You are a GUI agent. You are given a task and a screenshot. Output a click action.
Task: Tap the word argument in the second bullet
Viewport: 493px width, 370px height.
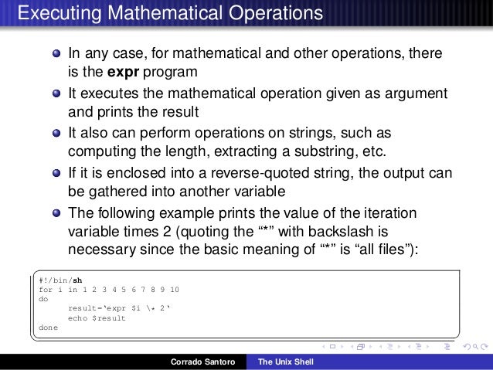[416, 93]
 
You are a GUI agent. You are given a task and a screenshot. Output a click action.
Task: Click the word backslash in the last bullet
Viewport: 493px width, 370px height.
[342, 230]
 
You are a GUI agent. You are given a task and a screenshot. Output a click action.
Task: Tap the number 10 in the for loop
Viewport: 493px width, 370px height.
[175, 289]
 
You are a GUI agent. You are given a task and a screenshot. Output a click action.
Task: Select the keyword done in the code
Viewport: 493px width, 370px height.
[47, 326]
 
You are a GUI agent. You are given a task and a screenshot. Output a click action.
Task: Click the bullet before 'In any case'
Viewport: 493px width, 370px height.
[57, 55]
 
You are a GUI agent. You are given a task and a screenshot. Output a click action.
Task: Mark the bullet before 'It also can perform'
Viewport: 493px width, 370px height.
[57, 132]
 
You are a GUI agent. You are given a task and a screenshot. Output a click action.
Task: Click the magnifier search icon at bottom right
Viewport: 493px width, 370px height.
[474, 345]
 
